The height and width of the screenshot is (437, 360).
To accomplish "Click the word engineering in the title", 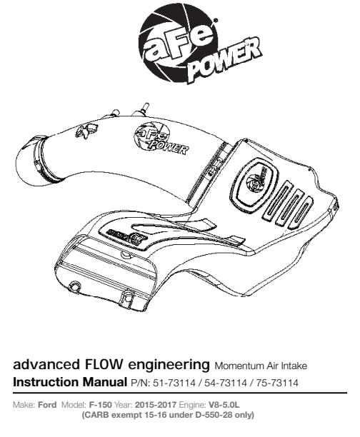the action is pos(169,366).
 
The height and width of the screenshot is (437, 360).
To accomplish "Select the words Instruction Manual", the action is pos(70,382).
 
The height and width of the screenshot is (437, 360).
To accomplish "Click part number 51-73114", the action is pos(174,383).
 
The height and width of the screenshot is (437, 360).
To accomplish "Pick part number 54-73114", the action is pos(226,383).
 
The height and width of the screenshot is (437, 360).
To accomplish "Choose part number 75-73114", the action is pos(277,383).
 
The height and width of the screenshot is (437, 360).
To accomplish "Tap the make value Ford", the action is pos(47,404).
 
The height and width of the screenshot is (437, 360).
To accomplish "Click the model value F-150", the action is pos(101,404).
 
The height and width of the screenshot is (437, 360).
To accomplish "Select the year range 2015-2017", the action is pos(156,404).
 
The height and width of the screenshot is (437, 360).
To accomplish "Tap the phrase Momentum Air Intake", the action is pos(261,366).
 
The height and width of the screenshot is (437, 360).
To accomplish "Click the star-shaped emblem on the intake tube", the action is pos(86,131).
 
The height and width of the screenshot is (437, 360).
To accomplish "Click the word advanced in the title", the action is pos(46,365).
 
